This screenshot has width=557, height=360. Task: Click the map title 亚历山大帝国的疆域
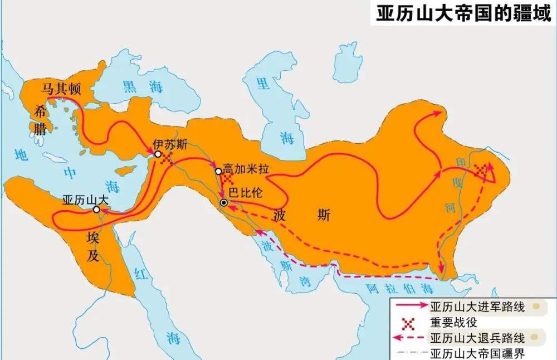point(464,13)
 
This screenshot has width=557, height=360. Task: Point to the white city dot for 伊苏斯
point(158,154)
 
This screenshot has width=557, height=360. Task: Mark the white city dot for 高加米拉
point(219,171)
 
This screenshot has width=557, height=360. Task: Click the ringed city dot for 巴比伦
point(223,203)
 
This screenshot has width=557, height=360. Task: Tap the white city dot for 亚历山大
point(96,210)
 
